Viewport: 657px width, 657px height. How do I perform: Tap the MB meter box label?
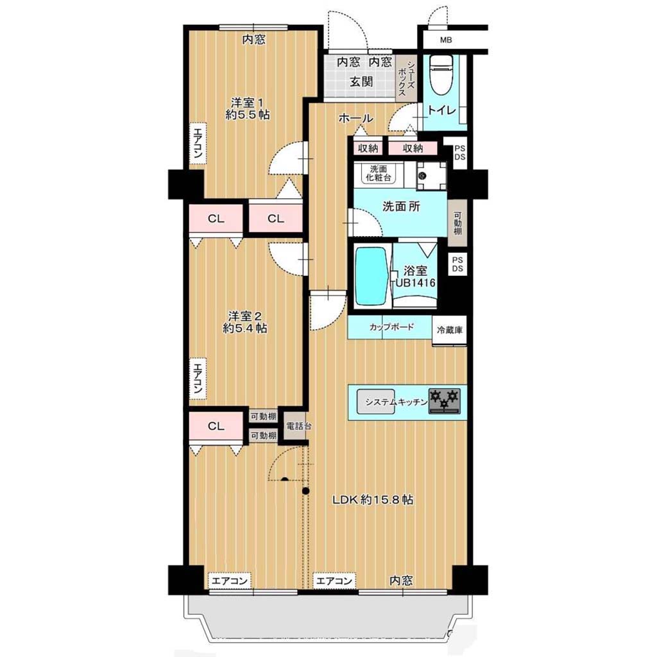coord(446,40)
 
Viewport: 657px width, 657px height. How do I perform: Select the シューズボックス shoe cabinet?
coord(406,78)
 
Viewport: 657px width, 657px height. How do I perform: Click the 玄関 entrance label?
coord(361,81)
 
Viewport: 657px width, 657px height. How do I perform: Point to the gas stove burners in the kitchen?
coord(444,401)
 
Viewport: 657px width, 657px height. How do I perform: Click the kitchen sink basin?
coord(376,402)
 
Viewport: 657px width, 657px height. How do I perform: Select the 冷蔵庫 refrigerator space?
coord(450,330)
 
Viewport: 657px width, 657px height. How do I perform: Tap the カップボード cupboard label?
coord(391,327)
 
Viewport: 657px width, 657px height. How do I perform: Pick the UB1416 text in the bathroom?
coord(416,283)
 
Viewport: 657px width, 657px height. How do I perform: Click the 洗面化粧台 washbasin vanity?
coord(379,173)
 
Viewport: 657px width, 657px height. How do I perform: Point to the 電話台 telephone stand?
coord(298,426)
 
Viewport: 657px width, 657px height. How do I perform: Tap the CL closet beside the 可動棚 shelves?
coord(216,426)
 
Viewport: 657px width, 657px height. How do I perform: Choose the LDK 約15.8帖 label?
coord(373,499)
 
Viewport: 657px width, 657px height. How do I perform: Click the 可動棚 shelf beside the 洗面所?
coord(457,223)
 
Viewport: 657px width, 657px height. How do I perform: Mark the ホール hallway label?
coord(355,119)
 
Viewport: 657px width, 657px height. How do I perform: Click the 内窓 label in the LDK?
coord(401,580)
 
